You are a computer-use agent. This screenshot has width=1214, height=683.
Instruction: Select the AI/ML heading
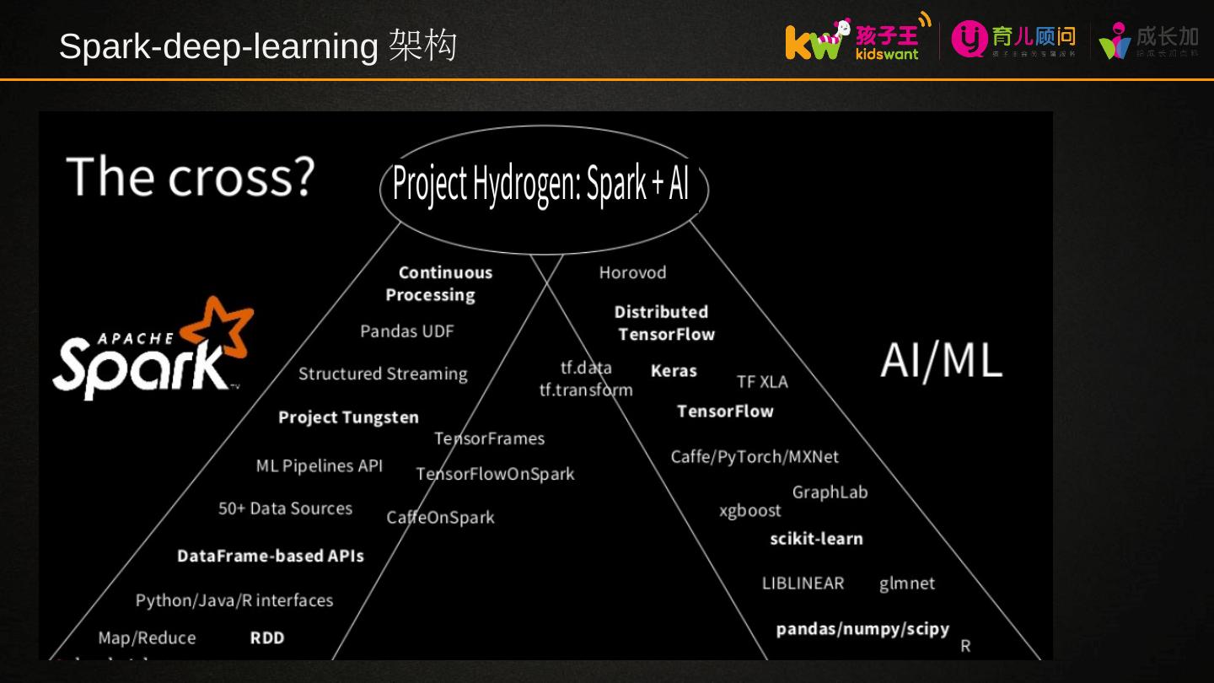point(941,361)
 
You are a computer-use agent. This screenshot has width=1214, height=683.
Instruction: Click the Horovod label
point(632,272)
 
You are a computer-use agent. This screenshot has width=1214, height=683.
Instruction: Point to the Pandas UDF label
point(406,331)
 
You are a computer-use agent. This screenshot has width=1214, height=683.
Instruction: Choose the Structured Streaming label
point(383,374)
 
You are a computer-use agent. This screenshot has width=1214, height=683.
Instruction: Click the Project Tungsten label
point(348,417)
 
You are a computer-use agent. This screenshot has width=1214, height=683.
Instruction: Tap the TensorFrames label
point(489,438)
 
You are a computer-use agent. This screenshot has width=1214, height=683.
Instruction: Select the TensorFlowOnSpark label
point(495,474)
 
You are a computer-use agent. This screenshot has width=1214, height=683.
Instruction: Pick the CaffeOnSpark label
point(440,518)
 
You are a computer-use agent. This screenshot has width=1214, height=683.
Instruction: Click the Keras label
point(674,370)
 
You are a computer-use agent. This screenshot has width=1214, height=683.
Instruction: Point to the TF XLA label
point(762,382)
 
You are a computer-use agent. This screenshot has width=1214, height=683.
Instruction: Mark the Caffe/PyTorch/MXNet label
point(755,457)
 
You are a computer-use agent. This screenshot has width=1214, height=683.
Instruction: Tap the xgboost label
point(749,511)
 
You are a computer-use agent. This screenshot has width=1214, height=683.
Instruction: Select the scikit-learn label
point(816,539)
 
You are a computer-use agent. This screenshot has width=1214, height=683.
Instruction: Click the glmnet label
point(907,584)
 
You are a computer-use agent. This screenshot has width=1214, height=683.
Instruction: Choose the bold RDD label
point(267,638)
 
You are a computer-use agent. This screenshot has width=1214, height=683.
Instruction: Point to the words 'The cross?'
point(191,177)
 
